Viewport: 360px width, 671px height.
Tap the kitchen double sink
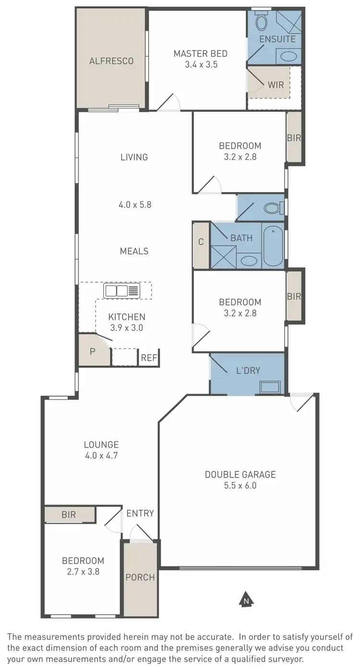click(122, 290)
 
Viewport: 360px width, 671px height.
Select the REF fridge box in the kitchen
click(149, 358)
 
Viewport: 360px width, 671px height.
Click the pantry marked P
click(92, 350)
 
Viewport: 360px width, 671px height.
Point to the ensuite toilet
click(262, 22)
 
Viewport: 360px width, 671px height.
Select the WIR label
click(276, 85)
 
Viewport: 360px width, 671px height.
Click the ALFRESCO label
click(111, 61)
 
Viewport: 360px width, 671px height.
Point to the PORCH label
click(140, 577)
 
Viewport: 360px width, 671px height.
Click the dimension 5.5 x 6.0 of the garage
click(240, 486)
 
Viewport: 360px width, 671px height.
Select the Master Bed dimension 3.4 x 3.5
click(201, 64)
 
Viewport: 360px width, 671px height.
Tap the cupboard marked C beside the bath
click(201, 242)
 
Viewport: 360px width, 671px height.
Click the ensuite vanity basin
click(288, 56)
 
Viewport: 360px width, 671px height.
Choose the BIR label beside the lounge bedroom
click(69, 515)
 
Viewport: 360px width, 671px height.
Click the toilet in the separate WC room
click(274, 208)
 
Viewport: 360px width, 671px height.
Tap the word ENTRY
click(140, 513)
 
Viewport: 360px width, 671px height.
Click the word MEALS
click(134, 251)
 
